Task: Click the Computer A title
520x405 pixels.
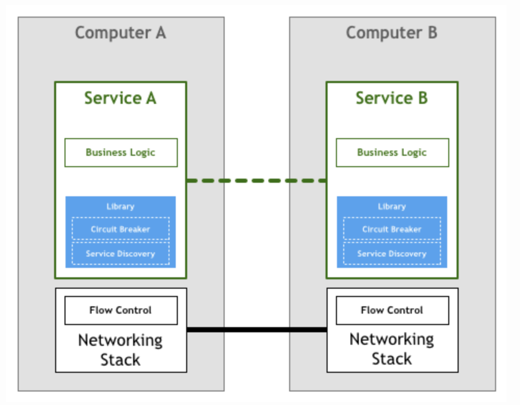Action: coord(120,33)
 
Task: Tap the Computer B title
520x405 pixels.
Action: coord(392,33)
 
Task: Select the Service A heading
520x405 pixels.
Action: coord(120,98)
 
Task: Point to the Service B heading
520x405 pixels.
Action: coord(392,98)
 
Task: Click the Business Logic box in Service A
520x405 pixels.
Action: coord(121,152)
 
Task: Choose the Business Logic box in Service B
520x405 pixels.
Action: coord(392,152)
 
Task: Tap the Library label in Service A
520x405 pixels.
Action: coord(120,206)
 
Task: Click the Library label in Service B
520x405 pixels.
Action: coord(392,206)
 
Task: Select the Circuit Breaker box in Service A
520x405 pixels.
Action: coord(121,229)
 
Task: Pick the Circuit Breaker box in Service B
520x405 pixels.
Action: coord(392,229)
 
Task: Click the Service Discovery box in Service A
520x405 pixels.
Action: coord(121,254)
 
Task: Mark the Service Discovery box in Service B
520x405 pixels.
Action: coord(392,254)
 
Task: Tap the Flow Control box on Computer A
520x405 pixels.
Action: coord(121,310)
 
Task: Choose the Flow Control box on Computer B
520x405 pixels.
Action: coord(392,310)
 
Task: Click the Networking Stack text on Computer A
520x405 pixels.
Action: coord(120,349)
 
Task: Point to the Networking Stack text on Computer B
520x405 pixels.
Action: coord(392,349)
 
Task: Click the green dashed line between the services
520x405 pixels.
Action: coord(256,181)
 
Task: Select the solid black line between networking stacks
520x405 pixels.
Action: coord(256,329)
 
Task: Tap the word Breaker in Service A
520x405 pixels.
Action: coord(135,229)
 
